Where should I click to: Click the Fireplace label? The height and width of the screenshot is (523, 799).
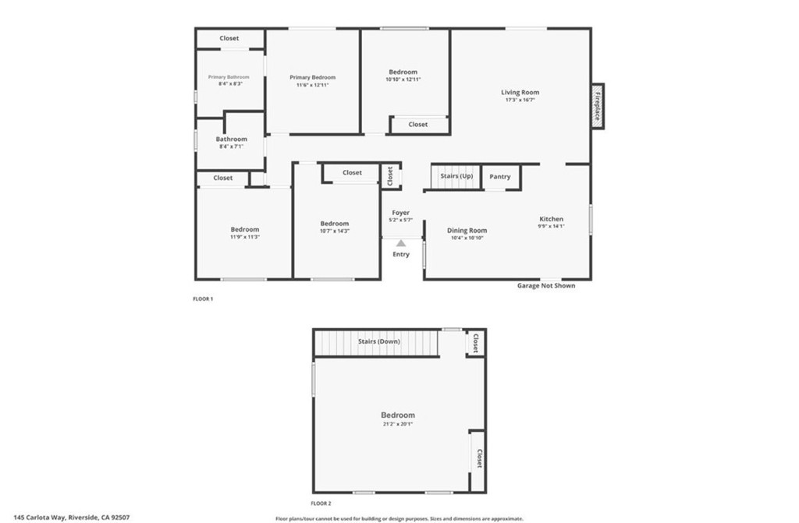click(598, 106)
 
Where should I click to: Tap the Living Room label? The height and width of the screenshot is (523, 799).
click(520, 93)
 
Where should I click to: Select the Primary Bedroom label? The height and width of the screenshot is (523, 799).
click(312, 77)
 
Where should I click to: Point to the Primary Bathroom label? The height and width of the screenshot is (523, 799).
click(229, 77)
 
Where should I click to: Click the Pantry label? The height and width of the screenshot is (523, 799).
click(500, 177)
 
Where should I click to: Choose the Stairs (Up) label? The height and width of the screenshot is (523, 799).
click(456, 176)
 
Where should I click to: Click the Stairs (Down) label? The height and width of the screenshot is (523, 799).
click(378, 341)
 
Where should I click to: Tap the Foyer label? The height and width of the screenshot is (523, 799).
click(400, 213)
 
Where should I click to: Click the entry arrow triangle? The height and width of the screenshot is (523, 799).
click(400, 243)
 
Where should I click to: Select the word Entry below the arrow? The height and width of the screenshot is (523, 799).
click(400, 254)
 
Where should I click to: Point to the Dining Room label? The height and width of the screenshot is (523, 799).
click(467, 230)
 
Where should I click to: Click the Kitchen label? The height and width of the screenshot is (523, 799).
click(551, 219)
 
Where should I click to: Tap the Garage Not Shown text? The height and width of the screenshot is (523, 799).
click(546, 285)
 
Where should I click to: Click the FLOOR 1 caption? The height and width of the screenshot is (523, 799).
click(203, 299)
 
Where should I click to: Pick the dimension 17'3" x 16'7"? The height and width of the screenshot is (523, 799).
click(520, 100)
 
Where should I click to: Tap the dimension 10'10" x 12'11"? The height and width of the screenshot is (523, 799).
click(403, 80)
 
